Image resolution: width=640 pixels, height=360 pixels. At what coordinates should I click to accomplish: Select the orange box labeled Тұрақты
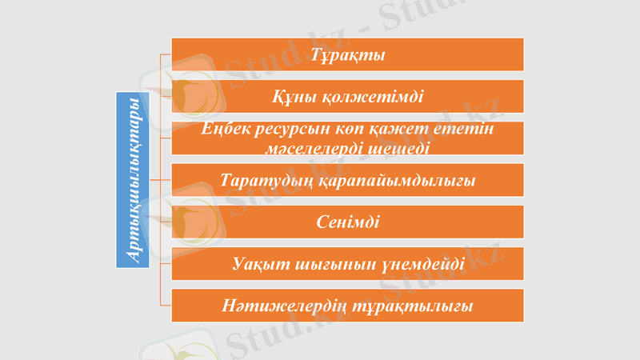click(348, 54)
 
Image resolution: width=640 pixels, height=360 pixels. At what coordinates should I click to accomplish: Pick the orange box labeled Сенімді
click(348, 222)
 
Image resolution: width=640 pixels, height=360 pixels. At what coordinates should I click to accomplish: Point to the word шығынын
click(335, 265)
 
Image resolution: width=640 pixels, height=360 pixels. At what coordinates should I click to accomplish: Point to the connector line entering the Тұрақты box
click(166, 54)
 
